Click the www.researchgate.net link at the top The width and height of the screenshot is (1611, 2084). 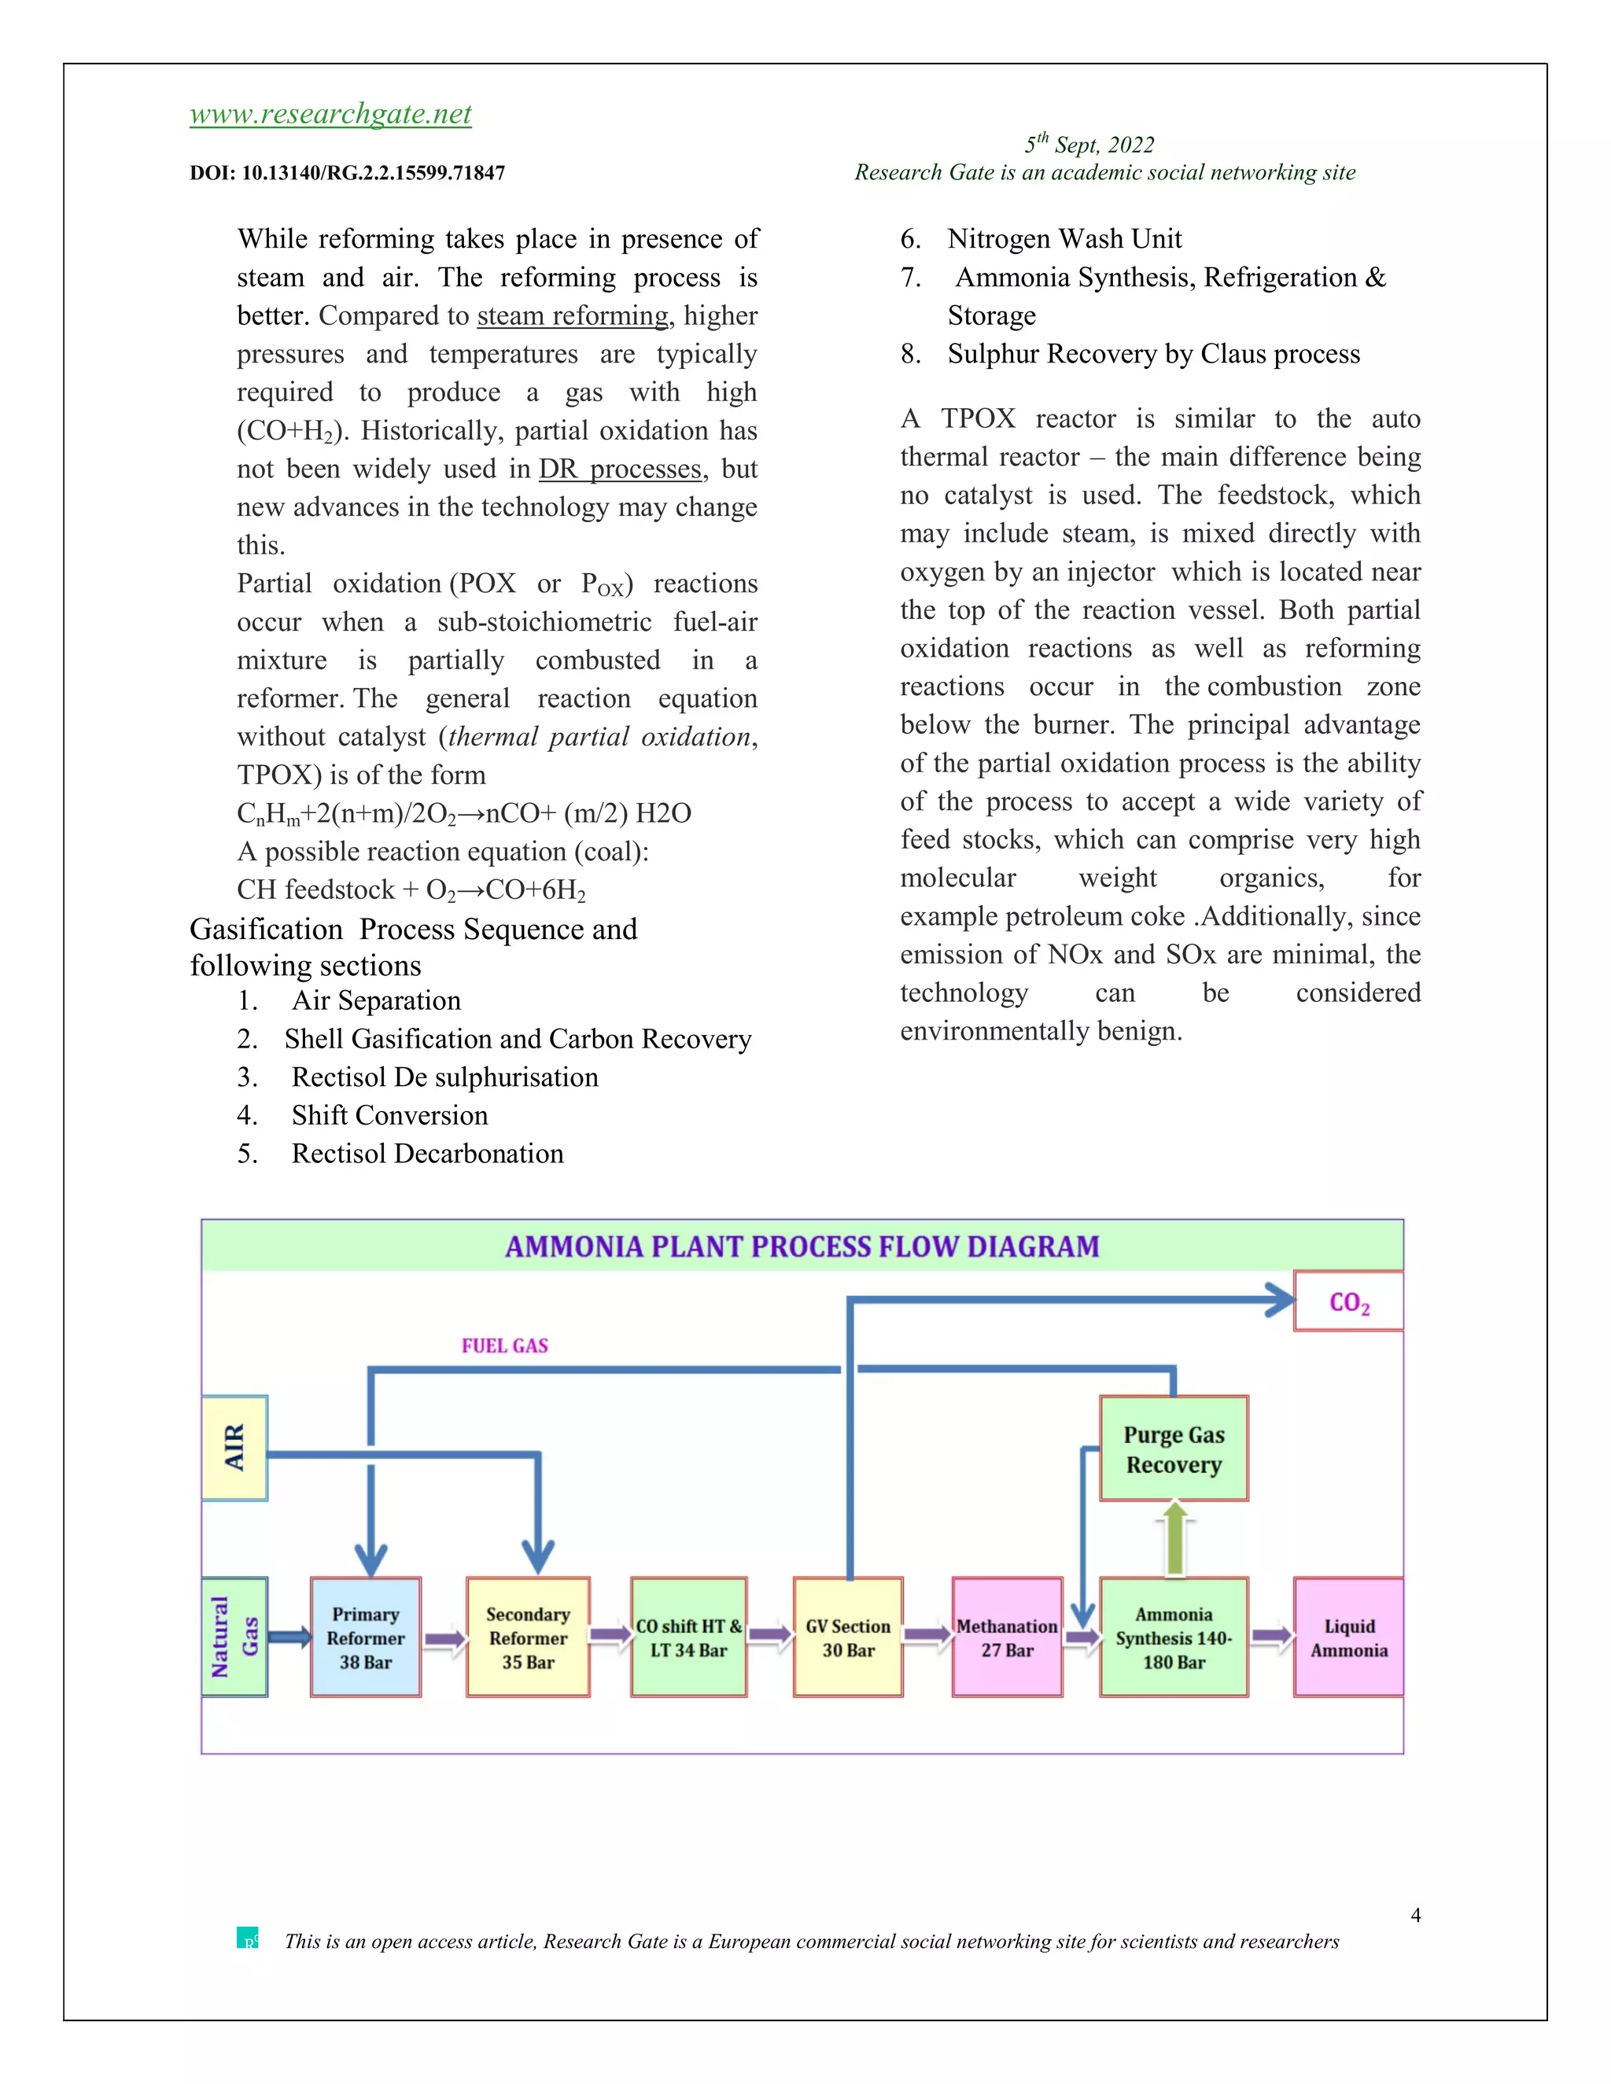tap(330, 115)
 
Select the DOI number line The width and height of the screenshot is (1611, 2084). tap(348, 174)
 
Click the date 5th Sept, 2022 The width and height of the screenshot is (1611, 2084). tap(1089, 145)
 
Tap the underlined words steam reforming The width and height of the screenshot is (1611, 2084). tap(573, 316)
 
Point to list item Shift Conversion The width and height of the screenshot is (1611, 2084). tap(389, 1115)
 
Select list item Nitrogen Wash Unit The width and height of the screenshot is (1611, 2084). tap(1064, 238)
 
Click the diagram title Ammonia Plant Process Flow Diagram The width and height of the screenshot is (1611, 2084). tap(802, 1246)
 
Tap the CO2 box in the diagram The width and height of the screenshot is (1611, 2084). tap(1347, 1302)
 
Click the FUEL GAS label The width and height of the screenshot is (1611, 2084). tap(505, 1346)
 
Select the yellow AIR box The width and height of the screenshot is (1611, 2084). tap(234, 1448)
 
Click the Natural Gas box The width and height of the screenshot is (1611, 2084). tap(234, 1637)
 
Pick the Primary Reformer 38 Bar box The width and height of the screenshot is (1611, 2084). tap(366, 1637)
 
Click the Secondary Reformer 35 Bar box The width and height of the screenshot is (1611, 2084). tap(528, 1637)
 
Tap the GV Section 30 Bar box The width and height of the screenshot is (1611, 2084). tap(847, 1637)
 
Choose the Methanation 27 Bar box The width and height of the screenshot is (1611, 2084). tap(1007, 1637)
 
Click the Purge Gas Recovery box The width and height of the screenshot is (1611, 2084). tap(1173, 1449)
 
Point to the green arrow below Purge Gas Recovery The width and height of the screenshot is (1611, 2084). tap(1175, 1538)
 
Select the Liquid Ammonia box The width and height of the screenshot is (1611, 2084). tap(1347, 1637)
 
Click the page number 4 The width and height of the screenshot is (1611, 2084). tap(1415, 1915)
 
